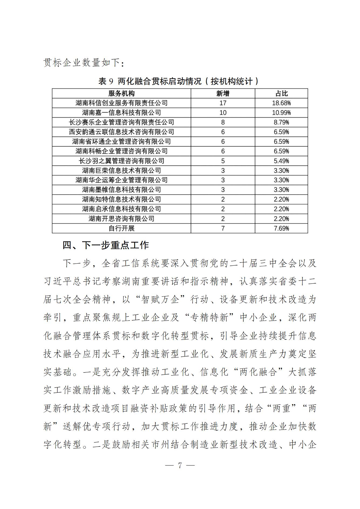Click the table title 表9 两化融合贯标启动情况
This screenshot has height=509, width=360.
point(178,81)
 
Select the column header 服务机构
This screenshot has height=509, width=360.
point(121,94)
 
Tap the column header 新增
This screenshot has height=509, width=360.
point(223,94)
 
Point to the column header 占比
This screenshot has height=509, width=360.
point(281,94)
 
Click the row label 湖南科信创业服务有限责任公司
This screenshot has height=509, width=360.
point(121,103)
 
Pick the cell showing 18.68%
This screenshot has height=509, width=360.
point(281,103)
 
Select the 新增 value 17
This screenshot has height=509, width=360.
point(223,103)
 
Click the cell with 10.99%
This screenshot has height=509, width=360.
point(281,113)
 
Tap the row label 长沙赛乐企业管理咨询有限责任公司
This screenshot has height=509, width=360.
point(121,122)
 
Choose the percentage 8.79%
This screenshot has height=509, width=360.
point(281,122)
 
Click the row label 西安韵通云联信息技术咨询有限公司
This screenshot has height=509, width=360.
point(121,132)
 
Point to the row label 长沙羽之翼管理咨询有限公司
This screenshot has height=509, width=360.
point(121,161)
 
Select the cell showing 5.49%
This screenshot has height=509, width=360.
point(281,161)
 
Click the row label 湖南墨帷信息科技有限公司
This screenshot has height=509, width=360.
point(121,190)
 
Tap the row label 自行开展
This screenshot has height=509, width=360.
point(121,228)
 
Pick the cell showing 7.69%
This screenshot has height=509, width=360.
point(281,228)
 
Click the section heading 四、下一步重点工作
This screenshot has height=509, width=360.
point(106,245)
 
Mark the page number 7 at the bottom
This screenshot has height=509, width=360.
point(180,465)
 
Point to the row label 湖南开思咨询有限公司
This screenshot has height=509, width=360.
point(121,219)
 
